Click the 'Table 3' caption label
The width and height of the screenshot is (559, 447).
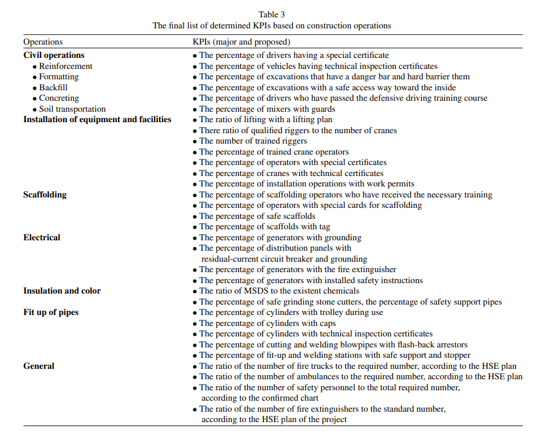coord(272,14)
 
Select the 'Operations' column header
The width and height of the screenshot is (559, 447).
coord(43,42)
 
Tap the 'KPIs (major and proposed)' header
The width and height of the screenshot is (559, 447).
coord(241,42)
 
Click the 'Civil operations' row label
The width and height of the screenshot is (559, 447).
coord(54,55)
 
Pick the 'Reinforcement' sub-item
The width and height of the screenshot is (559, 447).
coord(65,66)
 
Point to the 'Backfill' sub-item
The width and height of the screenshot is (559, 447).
coord(53,87)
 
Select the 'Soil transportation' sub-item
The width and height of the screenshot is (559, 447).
coord(72,109)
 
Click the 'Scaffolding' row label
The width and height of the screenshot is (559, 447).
coord(45,195)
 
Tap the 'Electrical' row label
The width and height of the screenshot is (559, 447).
coord(42,237)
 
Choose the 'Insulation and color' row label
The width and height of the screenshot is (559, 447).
coord(62,291)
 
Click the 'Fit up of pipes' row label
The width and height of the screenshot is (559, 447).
coord(51,312)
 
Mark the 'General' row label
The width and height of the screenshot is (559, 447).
coord(39,366)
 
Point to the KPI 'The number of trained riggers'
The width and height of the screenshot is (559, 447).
coord(253,141)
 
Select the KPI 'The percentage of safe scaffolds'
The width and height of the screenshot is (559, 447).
coord(257,216)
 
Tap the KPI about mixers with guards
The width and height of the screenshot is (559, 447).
coord(267,109)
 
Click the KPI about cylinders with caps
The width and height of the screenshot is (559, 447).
coord(267,323)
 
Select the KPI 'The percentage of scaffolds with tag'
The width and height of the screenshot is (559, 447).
coord(265,227)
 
